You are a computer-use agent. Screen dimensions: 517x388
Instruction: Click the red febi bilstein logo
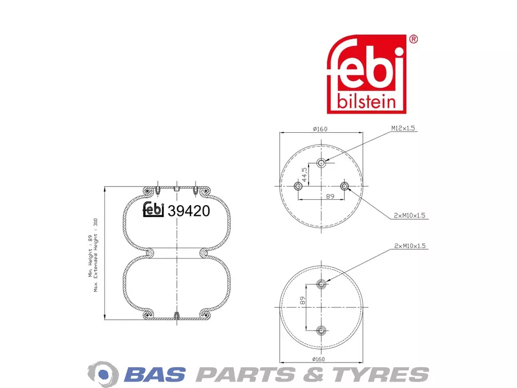click(367, 74)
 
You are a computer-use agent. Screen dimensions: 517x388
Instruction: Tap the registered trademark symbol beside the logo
click(413, 39)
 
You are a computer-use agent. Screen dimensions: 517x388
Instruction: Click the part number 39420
click(189, 211)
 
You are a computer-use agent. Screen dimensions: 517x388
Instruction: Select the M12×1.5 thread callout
click(403, 128)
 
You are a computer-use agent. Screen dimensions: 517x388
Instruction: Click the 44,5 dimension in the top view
click(304, 175)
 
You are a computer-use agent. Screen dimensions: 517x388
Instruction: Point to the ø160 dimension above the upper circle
click(320, 129)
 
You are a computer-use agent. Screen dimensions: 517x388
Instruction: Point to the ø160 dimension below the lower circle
click(318, 359)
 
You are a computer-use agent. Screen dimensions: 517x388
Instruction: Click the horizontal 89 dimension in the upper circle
click(330, 196)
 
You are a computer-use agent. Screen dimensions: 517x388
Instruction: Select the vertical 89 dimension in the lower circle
click(302, 300)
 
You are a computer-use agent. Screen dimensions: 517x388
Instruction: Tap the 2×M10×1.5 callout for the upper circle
click(409, 216)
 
